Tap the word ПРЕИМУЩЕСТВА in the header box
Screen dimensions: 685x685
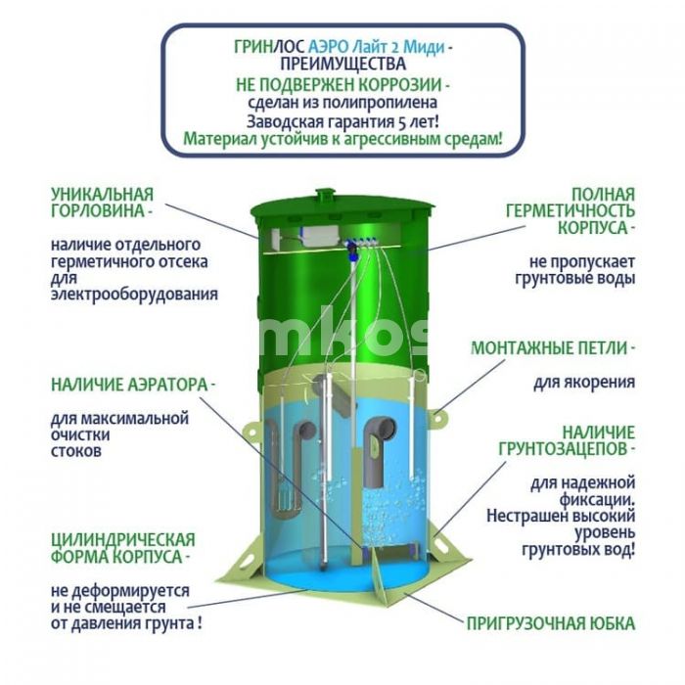coord(342,65)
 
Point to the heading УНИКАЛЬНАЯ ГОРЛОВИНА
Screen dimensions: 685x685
coord(103,202)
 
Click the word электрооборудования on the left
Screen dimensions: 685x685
coord(134,294)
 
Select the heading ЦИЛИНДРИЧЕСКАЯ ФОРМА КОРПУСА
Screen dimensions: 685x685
coord(122,548)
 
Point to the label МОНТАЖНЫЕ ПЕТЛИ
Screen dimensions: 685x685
coord(553,347)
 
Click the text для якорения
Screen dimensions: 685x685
coord(584,382)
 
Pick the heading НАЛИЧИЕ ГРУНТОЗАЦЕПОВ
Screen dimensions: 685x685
coord(584,440)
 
